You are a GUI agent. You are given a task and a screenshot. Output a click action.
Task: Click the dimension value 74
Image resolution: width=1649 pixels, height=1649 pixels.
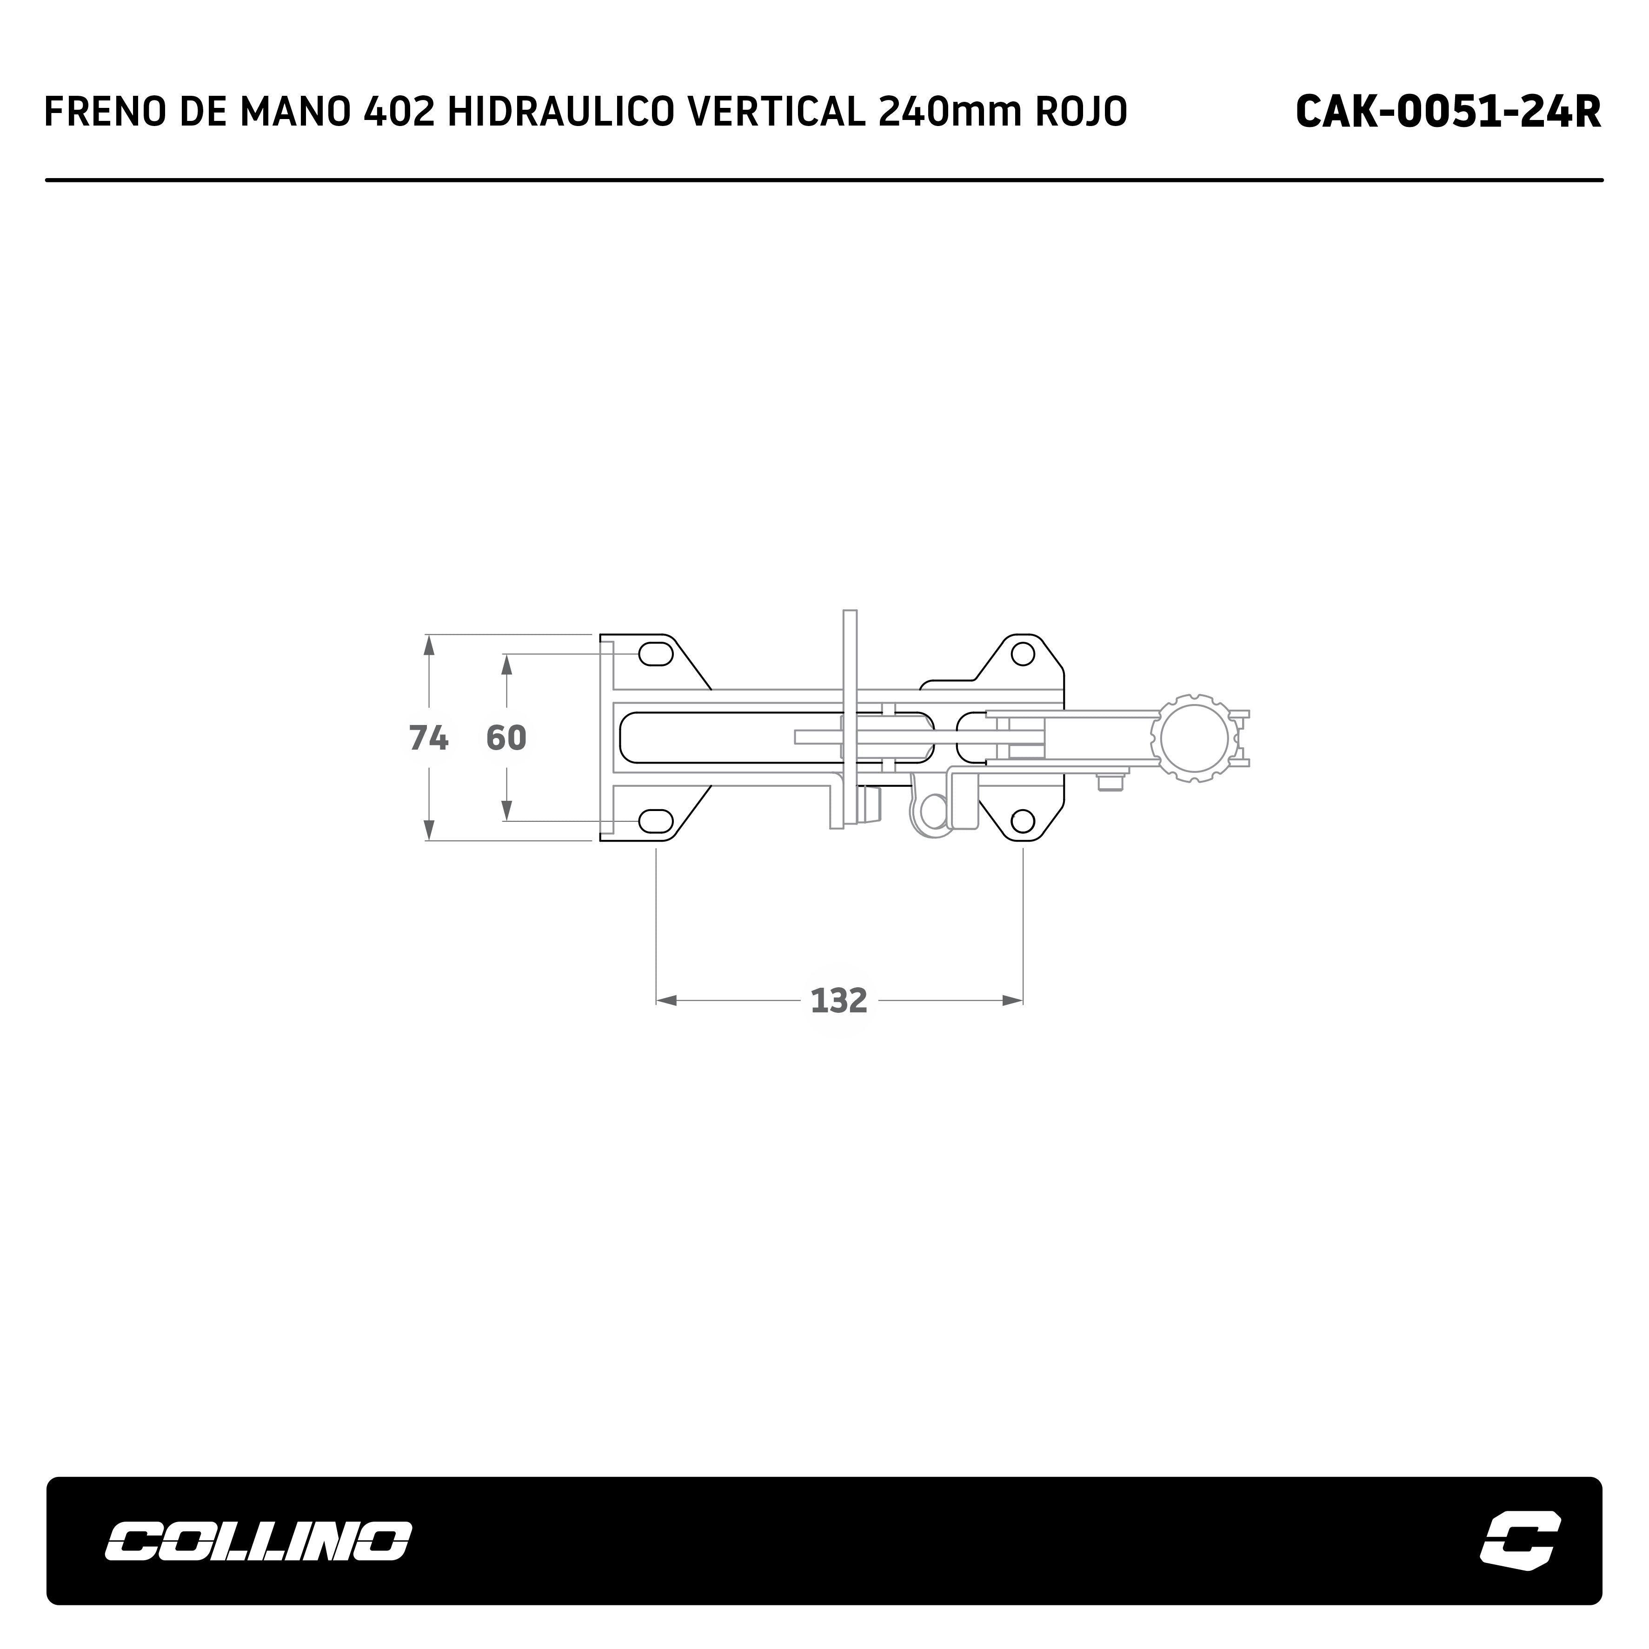coord(428,738)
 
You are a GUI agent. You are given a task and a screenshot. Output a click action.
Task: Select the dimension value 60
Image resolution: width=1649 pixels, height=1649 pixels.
coord(506,738)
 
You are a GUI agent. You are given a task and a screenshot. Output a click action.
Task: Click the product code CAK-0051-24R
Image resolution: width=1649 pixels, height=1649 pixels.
coord(1448,112)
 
